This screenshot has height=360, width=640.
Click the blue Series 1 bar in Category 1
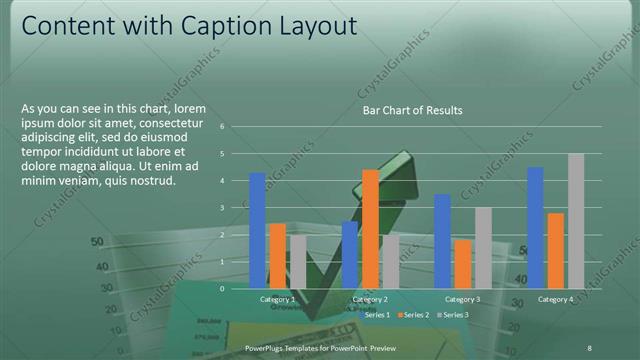[x=257, y=230]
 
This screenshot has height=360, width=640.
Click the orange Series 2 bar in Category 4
[x=555, y=250]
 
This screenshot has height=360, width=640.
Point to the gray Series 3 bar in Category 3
[x=483, y=247]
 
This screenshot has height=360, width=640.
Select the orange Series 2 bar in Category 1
[x=278, y=255]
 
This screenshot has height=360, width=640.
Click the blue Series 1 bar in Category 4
[x=535, y=227]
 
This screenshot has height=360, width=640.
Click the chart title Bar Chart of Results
[x=412, y=110]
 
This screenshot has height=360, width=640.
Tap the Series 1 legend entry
[x=373, y=315]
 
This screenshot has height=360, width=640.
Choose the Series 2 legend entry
[x=415, y=315]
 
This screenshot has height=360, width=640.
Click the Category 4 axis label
[x=555, y=299]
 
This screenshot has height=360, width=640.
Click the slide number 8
[x=589, y=346]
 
